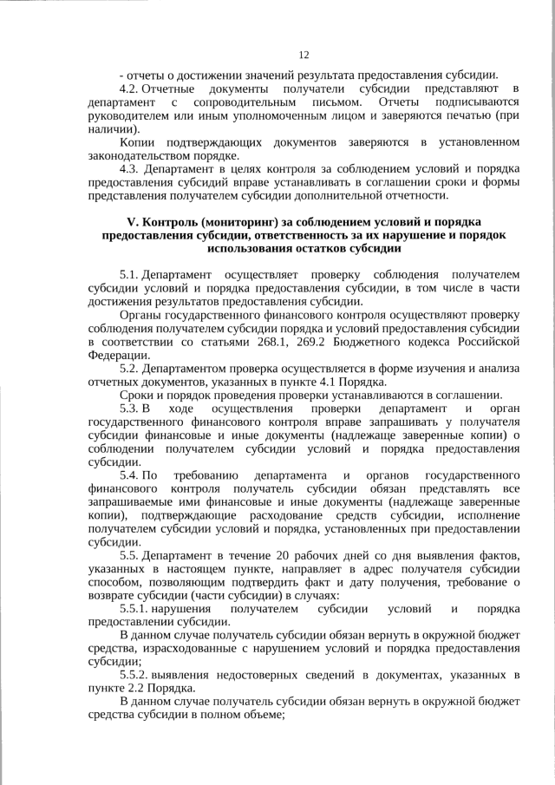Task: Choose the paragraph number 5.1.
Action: (128, 274)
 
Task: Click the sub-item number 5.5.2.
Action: (135, 675)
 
